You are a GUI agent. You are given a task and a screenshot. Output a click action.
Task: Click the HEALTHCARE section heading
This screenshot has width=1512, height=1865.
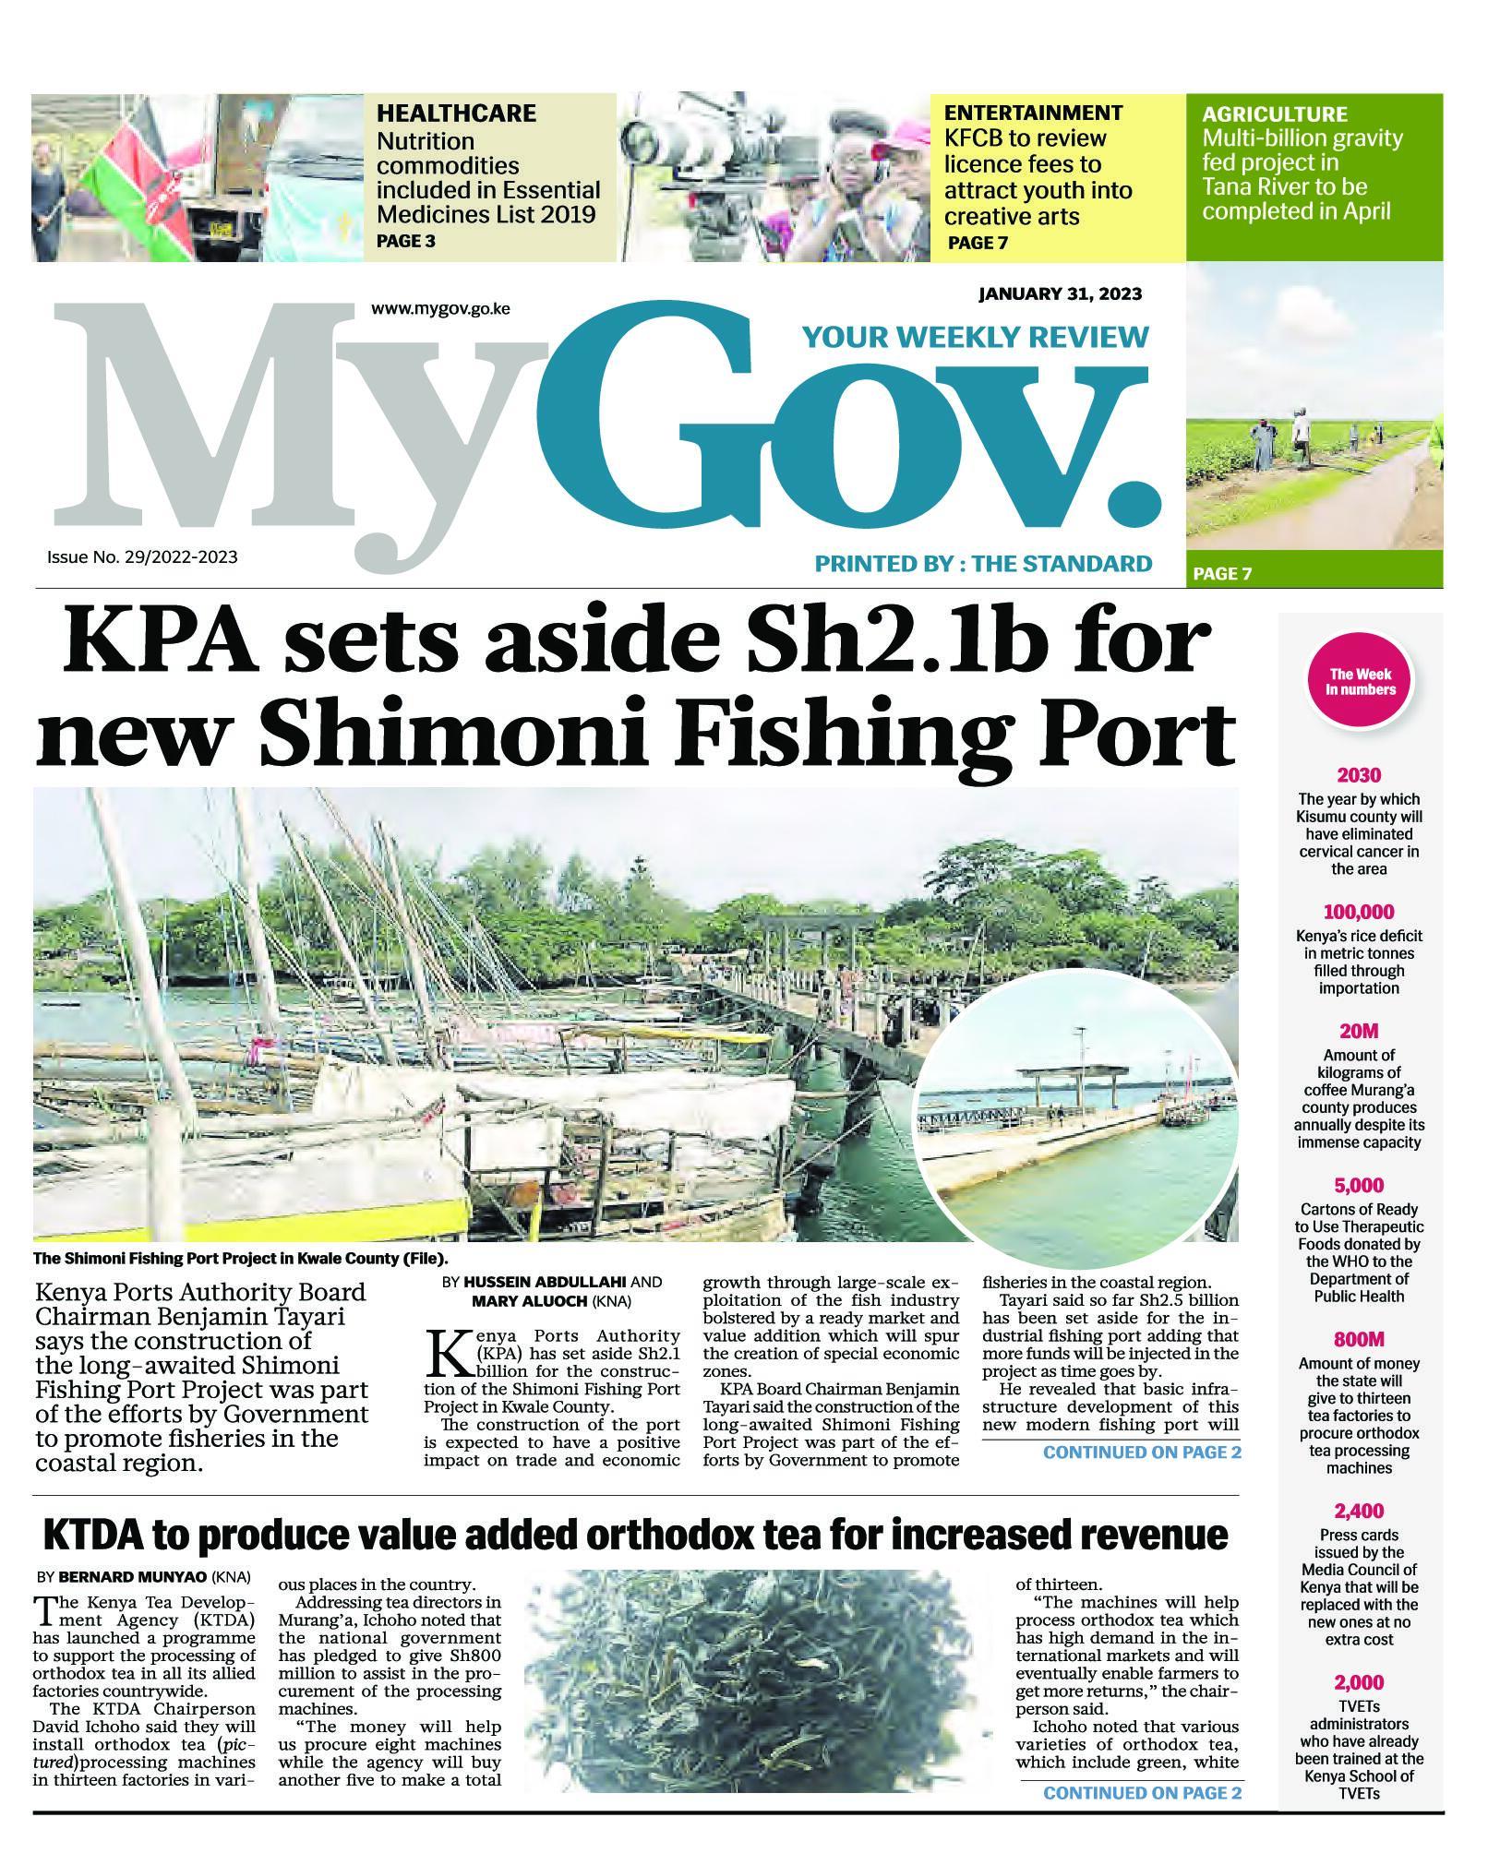[x=455, y=114]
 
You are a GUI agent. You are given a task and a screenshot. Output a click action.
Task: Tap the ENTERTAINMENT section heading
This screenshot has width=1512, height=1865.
[x=1032, y=113]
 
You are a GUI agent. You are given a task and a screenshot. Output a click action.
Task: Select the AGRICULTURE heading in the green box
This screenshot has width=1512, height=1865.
[x=1274, y=114]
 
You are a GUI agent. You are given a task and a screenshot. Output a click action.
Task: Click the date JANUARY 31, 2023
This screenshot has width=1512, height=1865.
[x=1060, y=294]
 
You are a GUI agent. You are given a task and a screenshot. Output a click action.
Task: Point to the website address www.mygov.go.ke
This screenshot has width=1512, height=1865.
[x=440, y=309]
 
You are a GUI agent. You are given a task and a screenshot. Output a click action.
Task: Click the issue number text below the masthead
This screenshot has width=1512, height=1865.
[x=142, y=557]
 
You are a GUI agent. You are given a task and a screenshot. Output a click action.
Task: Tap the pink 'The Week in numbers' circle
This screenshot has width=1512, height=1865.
[x=1360, y=683]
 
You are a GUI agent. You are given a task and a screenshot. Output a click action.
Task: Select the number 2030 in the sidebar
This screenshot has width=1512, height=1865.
[x=1359, y=775]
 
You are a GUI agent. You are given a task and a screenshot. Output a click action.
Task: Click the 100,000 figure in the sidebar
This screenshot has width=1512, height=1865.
[x=1359, y=913]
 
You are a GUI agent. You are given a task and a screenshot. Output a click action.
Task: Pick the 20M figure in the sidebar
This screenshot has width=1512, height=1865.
[x=1359, y=1031]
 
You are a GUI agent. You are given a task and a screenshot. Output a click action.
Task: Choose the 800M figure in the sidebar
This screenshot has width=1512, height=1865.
[x=1359, y=1339]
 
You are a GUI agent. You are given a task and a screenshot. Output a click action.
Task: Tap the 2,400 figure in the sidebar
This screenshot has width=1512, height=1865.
[x=1359, y=1511]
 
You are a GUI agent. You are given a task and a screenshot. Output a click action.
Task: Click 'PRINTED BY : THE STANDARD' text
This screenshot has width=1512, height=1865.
[x=982, y=564]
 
